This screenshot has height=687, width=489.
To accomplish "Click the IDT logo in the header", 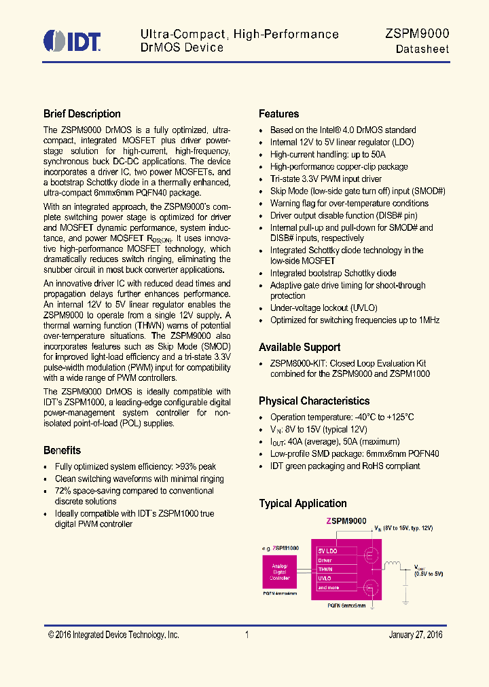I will pyautogui.click(x=72, y=41).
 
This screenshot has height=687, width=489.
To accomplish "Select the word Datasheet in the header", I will pyautogui.click(x=422, y=49).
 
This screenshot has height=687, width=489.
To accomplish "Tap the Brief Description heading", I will pyautogui.click(x=82, y=114).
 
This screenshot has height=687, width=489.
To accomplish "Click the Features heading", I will pyautogui.click(x=279, y=114).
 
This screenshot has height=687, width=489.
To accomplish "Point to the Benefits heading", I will pyautogui.click(x=62, y=450).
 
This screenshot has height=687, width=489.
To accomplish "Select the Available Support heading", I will pyautogui.click(x=300, y=348).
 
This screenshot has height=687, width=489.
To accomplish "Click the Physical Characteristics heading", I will pyautogui.click(x=314, y=401).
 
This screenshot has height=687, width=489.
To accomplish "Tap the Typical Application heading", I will pyautogui.click(x=303, y=503).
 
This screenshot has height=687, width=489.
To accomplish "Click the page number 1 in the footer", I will pyautogui.click(x=247, y=635).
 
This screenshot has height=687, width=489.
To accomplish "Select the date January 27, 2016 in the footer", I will pyautogui.click(x=416, y=635).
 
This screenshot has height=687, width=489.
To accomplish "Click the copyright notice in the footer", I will pyautogui.click(x=113, y=635).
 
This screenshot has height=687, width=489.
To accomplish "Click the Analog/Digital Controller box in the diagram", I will pyautogui.click(x=280, y=572).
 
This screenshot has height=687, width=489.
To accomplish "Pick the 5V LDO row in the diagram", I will pyautogui.click(x=332, y=551).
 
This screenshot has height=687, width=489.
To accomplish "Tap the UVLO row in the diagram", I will pyautogui.click(x=332, y=578).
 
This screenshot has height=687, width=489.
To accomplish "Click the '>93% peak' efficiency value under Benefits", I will pyautogui.click(x=196, y=466).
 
